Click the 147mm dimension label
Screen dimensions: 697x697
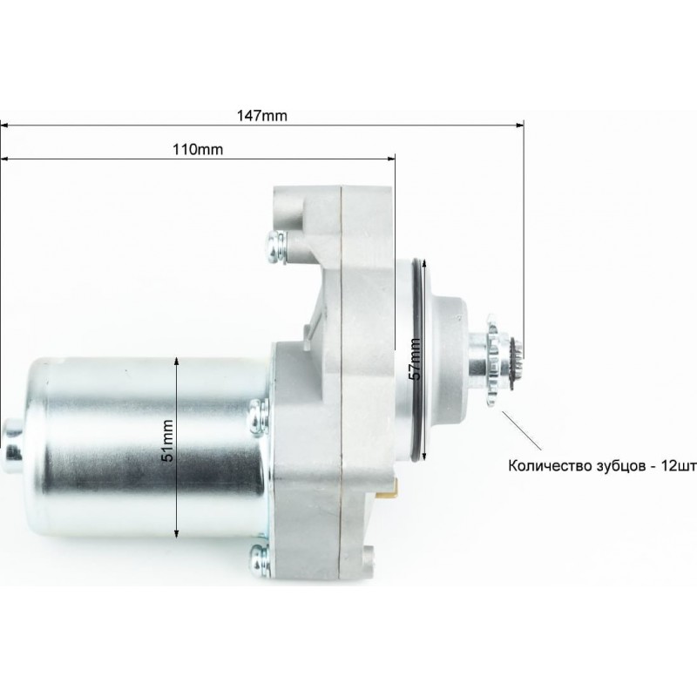[262, 116]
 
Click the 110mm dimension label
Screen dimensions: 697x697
[198, 149]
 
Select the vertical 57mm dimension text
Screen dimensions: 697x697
[415, 359]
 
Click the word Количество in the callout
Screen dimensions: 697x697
[548, 466]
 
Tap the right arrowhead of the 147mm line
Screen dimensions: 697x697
[520, 125]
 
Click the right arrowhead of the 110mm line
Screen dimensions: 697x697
[391, 159]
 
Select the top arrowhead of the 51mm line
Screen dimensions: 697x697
[177, 361]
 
